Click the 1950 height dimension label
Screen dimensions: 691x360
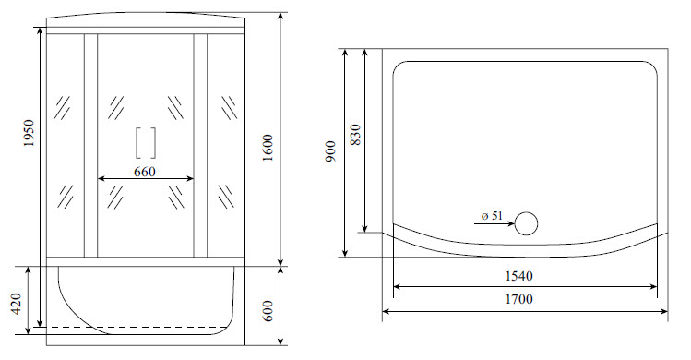click(29, 133)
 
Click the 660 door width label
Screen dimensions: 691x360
click(145, 171)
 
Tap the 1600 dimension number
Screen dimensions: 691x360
click(268, 148)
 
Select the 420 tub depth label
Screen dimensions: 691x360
click(17, 304)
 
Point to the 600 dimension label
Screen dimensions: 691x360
click(268, 311)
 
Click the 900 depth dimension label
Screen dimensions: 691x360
click(331, 151)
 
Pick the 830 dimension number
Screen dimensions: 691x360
click(355, 135)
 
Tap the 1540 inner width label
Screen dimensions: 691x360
click(518, 276)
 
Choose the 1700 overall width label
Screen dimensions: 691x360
click(518, 299)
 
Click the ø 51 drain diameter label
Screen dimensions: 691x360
click(492, 216)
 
